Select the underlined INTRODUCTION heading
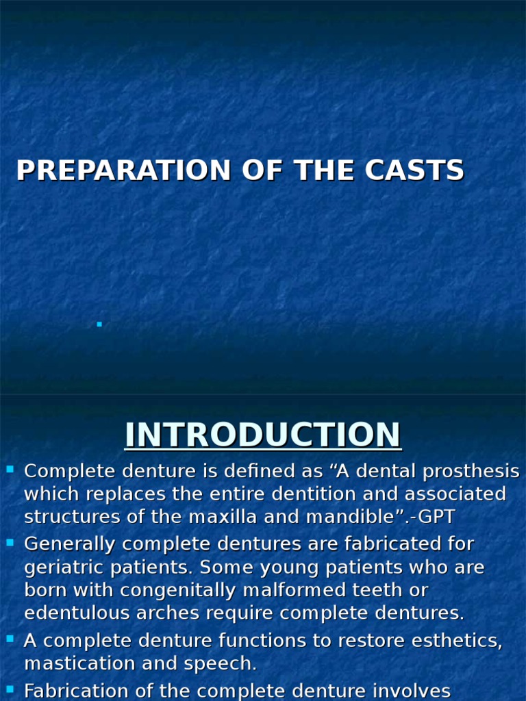263,435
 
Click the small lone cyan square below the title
99,324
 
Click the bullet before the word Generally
10,543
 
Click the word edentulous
75,613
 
